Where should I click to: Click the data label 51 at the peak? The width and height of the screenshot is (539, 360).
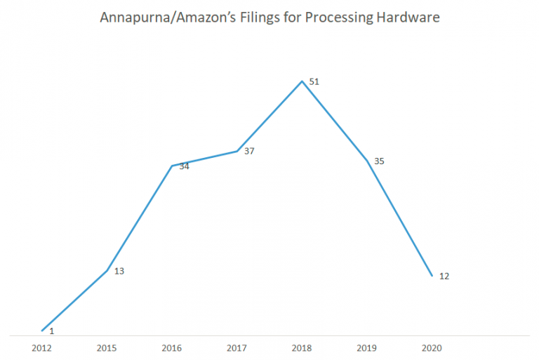[x=314, y=82]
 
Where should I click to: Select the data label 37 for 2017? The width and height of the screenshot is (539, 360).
[x=249, y=151]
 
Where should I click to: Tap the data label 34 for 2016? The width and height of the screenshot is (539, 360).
[x=185, y=166]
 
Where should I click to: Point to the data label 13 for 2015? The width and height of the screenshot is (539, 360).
[x=119, y=271]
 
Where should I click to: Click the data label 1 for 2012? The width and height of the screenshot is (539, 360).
[x=52, y=330]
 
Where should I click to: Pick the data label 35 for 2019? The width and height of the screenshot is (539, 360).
[x=379, y=161]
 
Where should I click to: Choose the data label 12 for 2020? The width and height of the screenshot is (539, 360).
[x=444, y=276]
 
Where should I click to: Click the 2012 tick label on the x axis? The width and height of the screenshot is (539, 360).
[x=42, y=347]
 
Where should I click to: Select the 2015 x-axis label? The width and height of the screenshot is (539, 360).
[x=107, y=347]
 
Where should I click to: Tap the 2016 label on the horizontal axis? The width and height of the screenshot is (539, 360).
[x=173, y=347]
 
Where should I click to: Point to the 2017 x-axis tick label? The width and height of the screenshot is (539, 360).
[x=237, y=347]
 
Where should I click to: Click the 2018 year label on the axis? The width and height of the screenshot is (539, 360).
[x=302, y=347]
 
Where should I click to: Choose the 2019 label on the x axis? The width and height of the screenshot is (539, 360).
[x=367, y=347]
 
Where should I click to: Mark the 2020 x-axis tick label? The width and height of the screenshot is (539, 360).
[x=432, y=347]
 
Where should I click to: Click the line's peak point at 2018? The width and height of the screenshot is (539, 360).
[x=302, y=81]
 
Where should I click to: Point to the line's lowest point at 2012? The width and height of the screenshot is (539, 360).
[x=43, y=331]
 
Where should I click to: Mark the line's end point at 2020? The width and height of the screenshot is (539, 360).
[x=432, y=276]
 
